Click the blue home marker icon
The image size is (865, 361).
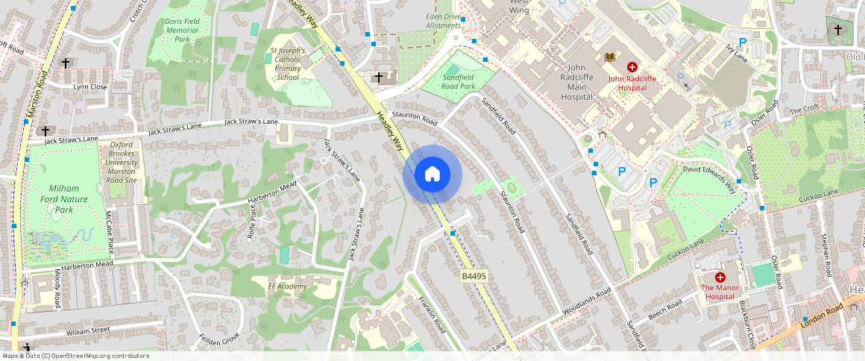432,175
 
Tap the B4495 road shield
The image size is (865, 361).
474,276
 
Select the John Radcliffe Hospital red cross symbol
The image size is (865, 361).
632,67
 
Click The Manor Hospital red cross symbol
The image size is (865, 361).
720,277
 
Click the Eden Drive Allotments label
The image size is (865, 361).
443,20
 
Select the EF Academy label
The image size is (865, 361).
287,286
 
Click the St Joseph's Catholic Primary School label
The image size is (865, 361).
288,63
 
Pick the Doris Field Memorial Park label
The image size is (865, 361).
183,31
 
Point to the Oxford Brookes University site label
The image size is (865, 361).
120,162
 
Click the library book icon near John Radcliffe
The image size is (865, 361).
610,57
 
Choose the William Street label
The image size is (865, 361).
88,330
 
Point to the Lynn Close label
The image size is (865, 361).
89,87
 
